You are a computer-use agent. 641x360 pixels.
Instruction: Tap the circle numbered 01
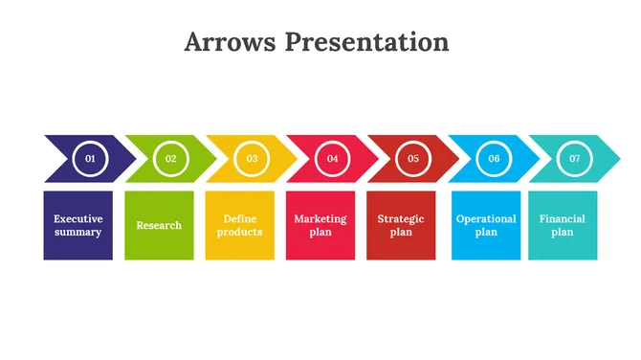pyautogui.click(x=90, y=158)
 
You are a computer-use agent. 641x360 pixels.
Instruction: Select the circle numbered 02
pyautogui.click(x=171, y=158)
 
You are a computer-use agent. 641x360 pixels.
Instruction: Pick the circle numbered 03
pyautogui.click(x=252, y=158)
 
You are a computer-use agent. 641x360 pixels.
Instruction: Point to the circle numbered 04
pyautogui.click(x=332, y=158)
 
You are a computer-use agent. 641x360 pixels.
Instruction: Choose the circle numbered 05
pyautogui.click(x=413, y=158)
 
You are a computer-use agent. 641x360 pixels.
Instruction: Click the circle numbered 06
pyautogui.click(x=494, y=158)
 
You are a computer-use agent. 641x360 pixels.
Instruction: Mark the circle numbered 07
pyautogui.click(x=574, y=158)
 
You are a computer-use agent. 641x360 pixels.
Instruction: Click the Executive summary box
pyautogui.click(x=77, y=225)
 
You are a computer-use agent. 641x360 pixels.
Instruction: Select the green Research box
pyautogui.click(x=159, y=225)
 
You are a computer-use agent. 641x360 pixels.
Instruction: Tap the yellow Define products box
pyautogui.click(x=239, y=225)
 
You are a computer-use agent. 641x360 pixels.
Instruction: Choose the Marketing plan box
pyautogui.click(x=320, y=225)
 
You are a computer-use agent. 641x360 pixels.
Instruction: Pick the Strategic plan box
pyautogui.click(x=401, y=225)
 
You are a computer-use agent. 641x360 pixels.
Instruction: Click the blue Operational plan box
pyautogui.click(x=486, y=225)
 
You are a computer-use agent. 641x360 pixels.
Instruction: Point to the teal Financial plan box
pyautogui.click(x=563, y=225)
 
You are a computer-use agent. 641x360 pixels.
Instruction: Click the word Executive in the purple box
pyautogui.click(x=77, y=218)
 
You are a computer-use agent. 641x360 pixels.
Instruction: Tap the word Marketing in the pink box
pyautogui.click(x=320, y=218)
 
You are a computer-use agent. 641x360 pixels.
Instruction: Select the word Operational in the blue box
pyautogui.click(x=486, y=218)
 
